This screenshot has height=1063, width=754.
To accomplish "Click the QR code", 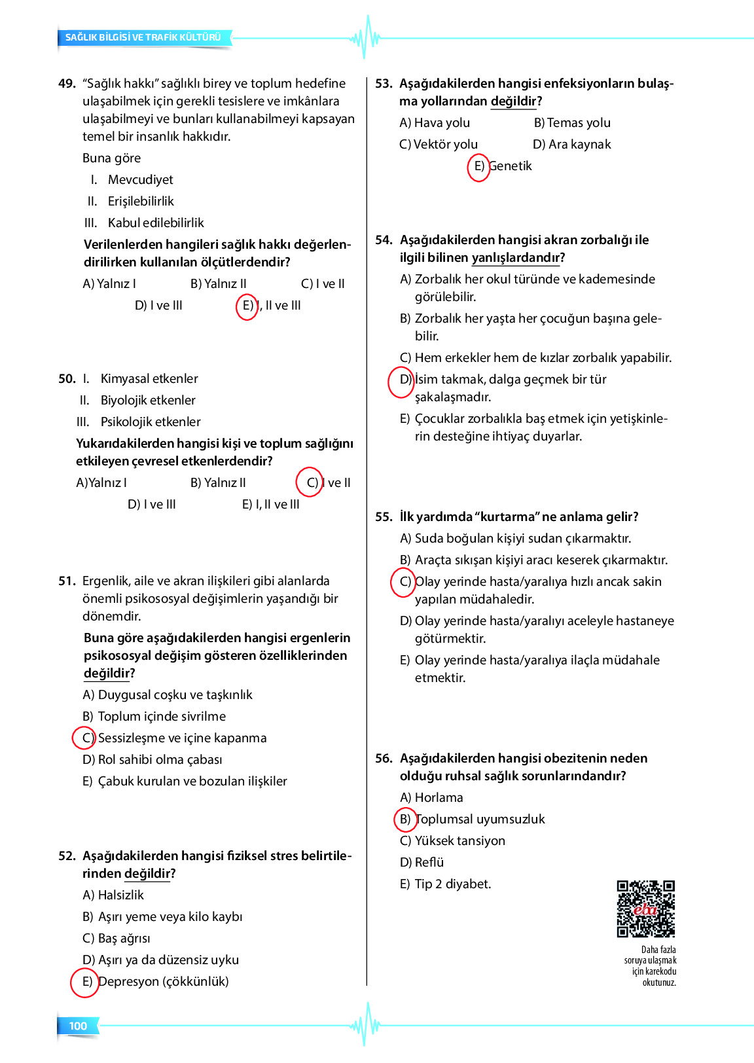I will (645, 909).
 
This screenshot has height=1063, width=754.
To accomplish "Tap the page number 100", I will (78, 1026).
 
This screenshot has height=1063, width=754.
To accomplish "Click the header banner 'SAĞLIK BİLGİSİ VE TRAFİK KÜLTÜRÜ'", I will (143, 37).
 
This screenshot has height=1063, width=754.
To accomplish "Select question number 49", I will (67, 84).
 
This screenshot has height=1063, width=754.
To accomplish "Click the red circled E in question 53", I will (478, 166).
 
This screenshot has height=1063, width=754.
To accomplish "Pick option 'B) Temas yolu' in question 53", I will (572, 123).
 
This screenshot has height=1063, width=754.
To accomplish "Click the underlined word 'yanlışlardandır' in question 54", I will (515, 258).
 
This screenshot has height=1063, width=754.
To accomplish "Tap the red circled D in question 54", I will (401, 380).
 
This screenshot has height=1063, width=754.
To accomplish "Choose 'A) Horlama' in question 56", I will (432, 797).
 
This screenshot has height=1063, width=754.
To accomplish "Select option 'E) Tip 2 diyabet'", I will (446, 884).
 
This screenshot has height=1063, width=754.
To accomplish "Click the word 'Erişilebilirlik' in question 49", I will (141, 202).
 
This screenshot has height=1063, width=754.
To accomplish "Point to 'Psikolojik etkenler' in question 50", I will (151, 422).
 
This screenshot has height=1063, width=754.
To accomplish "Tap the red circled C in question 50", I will (310, 483).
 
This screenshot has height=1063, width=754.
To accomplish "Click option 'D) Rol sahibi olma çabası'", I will (153, 760).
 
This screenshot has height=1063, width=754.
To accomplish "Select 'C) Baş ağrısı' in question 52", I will (117, 939).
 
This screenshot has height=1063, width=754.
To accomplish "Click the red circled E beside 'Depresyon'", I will (85, 982).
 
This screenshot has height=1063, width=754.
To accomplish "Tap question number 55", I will (384, 517).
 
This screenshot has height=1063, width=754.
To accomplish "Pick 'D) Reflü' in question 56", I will (422, 863).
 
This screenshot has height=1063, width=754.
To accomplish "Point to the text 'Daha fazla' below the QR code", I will (658, 950).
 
